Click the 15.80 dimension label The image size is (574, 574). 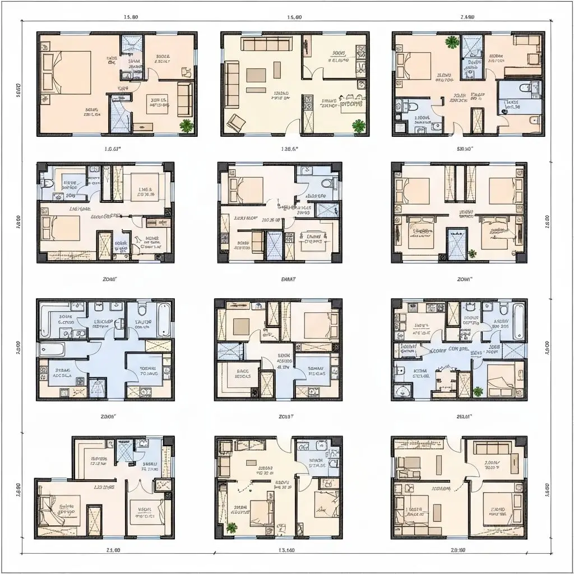(x=130, y=17)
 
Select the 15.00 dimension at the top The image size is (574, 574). (x=294, y=17)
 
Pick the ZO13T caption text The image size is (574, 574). (x=286, y=416)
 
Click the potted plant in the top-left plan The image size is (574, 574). (x=186, y=126)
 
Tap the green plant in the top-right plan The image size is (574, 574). (x=450, y=41)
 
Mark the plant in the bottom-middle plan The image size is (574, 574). (x=232, y=527)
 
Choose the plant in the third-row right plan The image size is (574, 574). (x=478, y=391)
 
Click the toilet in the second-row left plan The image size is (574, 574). (x=48, y=183)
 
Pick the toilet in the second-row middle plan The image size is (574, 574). (x=326, y=184)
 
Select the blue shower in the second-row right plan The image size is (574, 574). (x=455, y=244)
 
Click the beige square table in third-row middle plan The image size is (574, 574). (x=242, y=326)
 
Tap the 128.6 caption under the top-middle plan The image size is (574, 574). (x=289, y=149)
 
